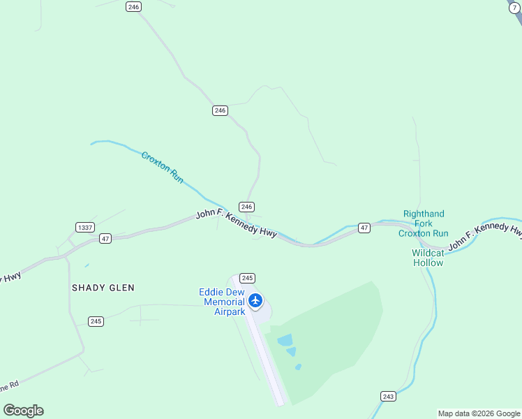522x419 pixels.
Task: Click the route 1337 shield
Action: pyautogui.click(x=85, y=227)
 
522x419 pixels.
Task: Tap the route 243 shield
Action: pyautogui.click(x=389, y=396)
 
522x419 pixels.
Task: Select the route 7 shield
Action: pyautogui.click(x=514, y=7)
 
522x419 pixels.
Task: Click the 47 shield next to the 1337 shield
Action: pyautogui.click(x=105, y=238)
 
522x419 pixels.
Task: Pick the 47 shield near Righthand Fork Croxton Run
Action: pyautogui.click(x=364, y=228)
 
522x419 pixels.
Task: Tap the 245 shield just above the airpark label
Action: pyautogui.click(x=247, y=277)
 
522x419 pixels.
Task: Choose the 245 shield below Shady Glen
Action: pyautogui.click(x=96, y=321)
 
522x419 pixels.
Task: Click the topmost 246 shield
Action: pyautogui.click(x=134, y=6)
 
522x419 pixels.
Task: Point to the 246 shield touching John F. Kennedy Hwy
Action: pyautogui.click(x=246, y=207)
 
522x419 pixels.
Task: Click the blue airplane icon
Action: pyautogui.click(x=255, y=300)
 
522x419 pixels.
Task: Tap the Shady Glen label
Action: pyautogui.click(x=103, y=287)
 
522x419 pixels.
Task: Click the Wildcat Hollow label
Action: pyautogui.click(x=428, y=258)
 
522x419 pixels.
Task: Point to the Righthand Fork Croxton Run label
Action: pyautogui.click(x=424, y=223)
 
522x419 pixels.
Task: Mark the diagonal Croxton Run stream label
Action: pyautogui.click(x=162, y=167)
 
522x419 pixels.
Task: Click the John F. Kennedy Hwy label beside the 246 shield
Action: pyautogui.click(x=236, y=223)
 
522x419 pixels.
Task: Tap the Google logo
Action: pyautogui.click(x=23, y=411)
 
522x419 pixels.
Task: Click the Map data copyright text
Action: pyautogui.click(x=479, y=413)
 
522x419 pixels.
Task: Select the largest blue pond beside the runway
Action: pyautogui.click(x=285, y=340)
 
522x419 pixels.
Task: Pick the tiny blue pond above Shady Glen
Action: pyautogui.click(x=87, y=265)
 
